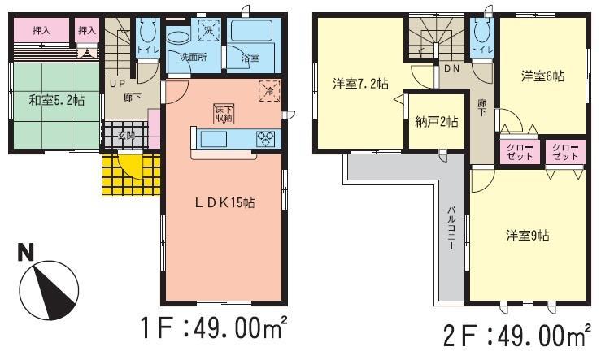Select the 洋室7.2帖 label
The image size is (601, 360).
point(359,83)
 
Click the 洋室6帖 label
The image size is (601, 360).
point(542,76)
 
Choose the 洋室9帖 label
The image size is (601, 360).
point(527,236)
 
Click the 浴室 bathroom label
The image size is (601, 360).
point(250,59)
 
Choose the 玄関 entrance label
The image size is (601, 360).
point(125,135)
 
